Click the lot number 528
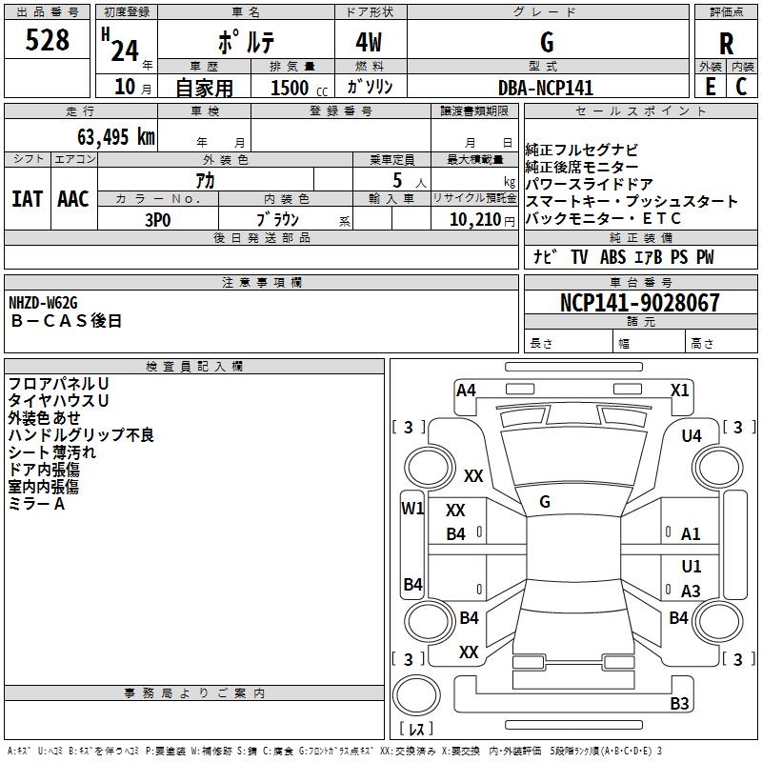coord(49,41)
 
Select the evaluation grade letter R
coord(726,43)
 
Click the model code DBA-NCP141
coord(546,88)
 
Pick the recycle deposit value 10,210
coord(468,218)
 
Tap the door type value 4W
coord(371,43)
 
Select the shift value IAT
coord(27,198)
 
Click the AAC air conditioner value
coord(72,198)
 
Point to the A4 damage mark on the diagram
coord(466,390)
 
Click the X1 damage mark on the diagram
coord(679,390)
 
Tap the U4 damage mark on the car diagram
coord(692,435)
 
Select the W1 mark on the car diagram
coord(411,508)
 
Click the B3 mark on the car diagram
coord(679,704)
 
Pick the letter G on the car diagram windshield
coord(544,501)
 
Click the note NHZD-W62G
coord(43,303)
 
